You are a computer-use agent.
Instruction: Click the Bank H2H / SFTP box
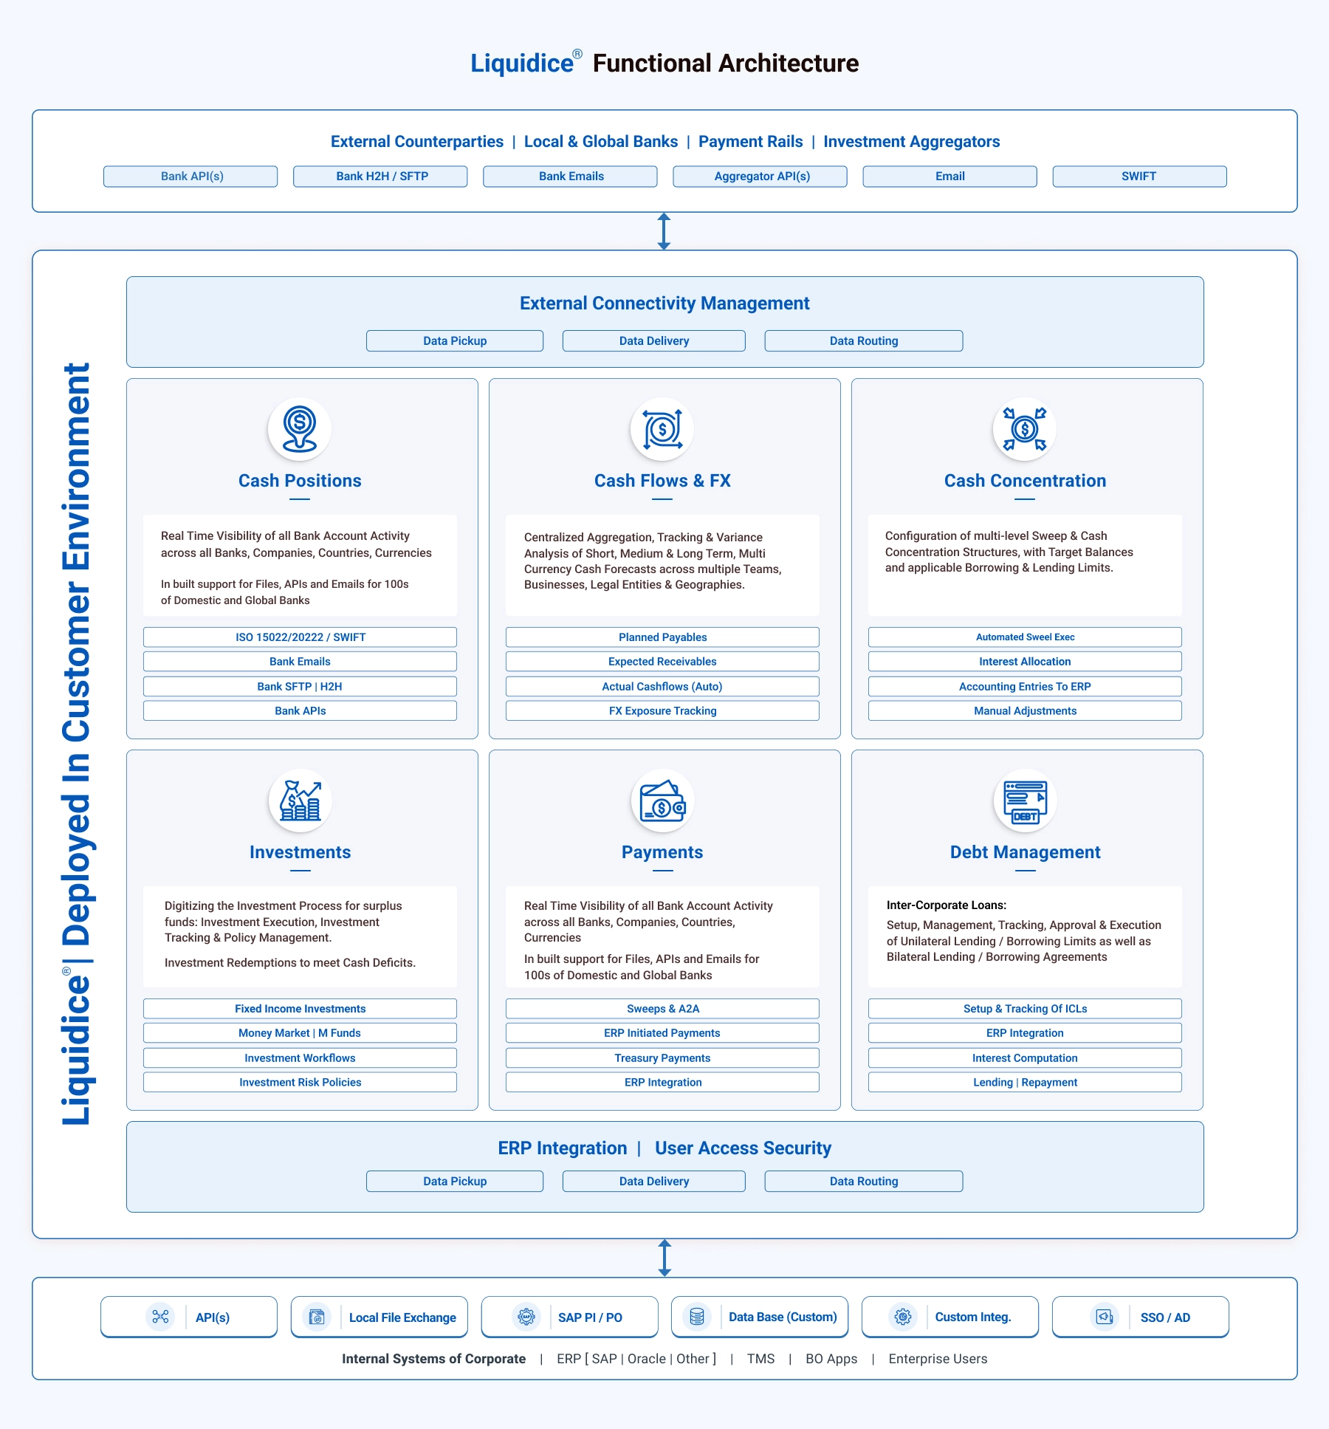[x=380, y=177]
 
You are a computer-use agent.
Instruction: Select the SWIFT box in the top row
[x=1139, y=177]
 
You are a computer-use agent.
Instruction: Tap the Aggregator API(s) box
[x=760, y=177]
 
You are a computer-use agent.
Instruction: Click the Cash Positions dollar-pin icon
[x=299, y=429]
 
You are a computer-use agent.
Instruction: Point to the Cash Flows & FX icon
[x=662, y=429]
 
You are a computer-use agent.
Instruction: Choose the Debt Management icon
[x=1025, y=802]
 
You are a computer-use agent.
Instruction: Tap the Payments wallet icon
[x=662, y=802]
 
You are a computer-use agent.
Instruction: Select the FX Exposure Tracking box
[x=662, y=710]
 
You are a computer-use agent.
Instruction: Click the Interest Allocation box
[x=1025, y=661]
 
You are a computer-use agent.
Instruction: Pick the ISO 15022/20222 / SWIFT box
[x=300, y=637]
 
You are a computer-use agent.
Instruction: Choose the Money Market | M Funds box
[x=300, y=1032]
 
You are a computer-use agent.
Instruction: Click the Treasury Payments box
[x=662, y=1058]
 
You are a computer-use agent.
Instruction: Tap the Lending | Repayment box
[x=1025, y=1082]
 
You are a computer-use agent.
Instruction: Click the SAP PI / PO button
[x=569, y=1317]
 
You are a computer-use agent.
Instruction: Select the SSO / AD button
[x=1140, y=1317]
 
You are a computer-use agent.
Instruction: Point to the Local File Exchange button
[x=380, y=1317]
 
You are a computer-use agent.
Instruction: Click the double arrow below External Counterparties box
[x=664, y=231]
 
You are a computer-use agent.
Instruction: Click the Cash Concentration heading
[x=1025, y=481]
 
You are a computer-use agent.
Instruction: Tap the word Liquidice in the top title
[x=522, y=64]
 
